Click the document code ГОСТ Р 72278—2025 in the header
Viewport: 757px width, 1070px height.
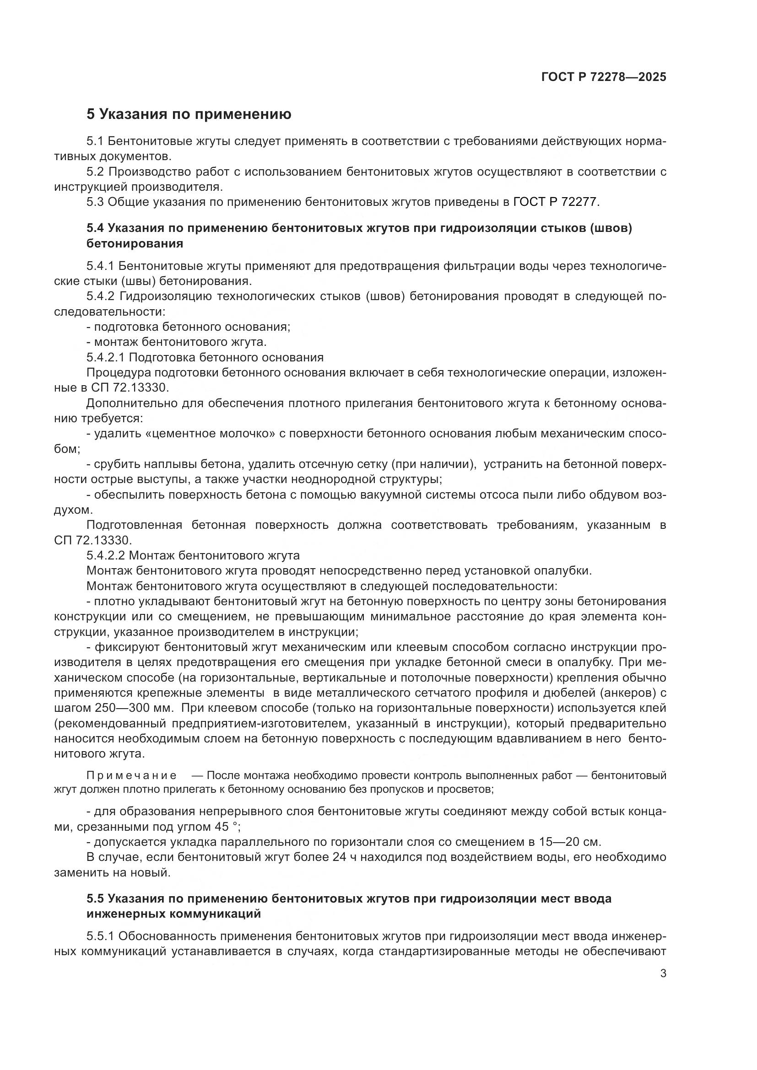click(604, 77)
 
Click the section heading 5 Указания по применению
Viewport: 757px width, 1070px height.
click(189, 114)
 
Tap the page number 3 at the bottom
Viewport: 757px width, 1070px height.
click(663, 973)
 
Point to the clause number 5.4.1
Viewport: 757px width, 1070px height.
click(100, 266)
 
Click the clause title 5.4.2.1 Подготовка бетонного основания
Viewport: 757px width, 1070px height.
click(205, 357)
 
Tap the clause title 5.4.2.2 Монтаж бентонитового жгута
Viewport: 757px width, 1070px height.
click(193, 555)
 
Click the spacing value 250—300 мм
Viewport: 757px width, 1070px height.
click(135, 708)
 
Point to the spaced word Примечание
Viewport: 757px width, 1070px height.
click(131, 775)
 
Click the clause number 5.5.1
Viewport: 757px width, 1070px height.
click(100, 936)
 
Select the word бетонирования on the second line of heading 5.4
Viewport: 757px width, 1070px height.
click(135, 244)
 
